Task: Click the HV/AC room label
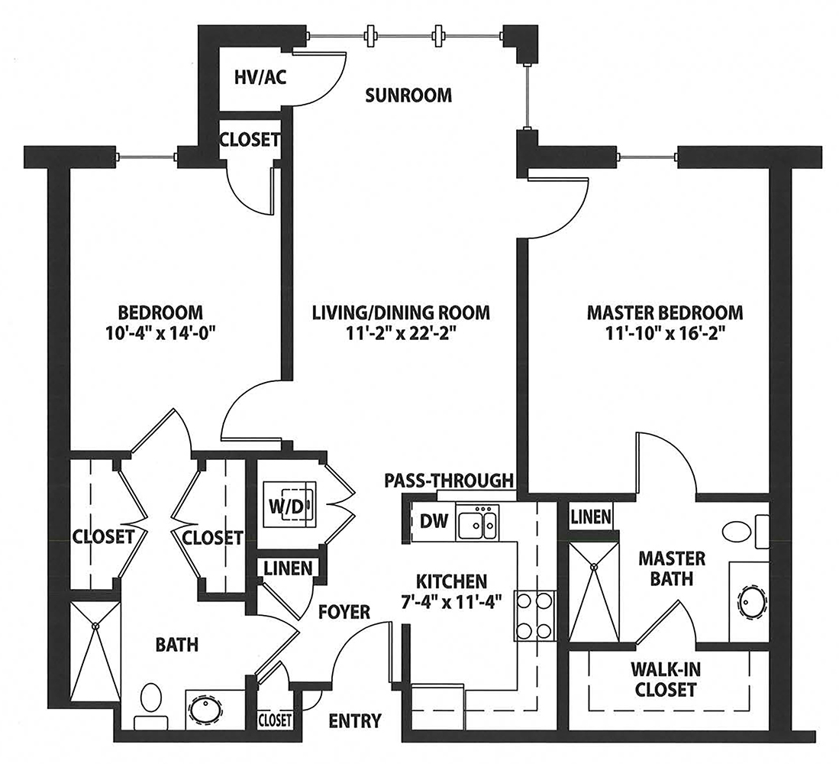coord(260,77)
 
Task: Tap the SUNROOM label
coord(408,95)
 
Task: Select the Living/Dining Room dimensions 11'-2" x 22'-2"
coord(401,334)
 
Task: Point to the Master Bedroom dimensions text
coord(665,334)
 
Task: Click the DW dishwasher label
coord(434,521)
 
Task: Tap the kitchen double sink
coord(476,523)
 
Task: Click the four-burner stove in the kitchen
coord(534,615)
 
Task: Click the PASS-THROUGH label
coord(449,481)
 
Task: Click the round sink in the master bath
coord(752,602)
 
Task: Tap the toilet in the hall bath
coord(151,706)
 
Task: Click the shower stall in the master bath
coord(594,592)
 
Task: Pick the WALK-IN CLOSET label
coord(666,680)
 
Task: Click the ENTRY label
coord(355,721)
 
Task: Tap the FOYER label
coord(344,612)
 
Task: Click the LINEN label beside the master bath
coord(591,516)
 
